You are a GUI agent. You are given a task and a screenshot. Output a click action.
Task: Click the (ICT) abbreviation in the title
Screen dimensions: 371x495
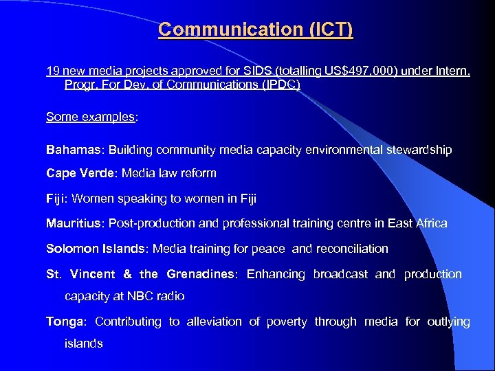pos(327,30)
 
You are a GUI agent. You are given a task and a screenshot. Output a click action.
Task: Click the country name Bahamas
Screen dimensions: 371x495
pos(73,150)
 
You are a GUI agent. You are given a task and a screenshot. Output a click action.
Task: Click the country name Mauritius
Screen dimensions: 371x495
pos(73,223)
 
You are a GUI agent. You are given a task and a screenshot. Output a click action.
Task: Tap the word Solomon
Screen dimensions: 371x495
pos(71,249)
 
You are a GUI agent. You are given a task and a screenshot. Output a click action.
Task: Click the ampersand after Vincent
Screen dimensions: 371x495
pos(127,274)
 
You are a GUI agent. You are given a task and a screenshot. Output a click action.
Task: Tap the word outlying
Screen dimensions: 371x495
pos(448,322)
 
